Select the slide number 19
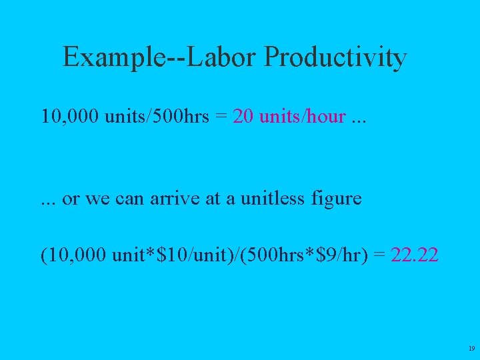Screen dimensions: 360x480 pos(471,349)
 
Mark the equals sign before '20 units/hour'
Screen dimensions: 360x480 pos(221,117)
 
